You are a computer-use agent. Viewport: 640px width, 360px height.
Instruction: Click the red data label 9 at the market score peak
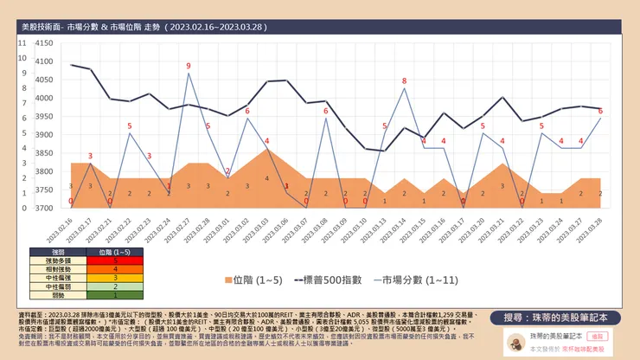tap(189, 66)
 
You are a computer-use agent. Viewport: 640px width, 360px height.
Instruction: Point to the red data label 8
tap(404, 80)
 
